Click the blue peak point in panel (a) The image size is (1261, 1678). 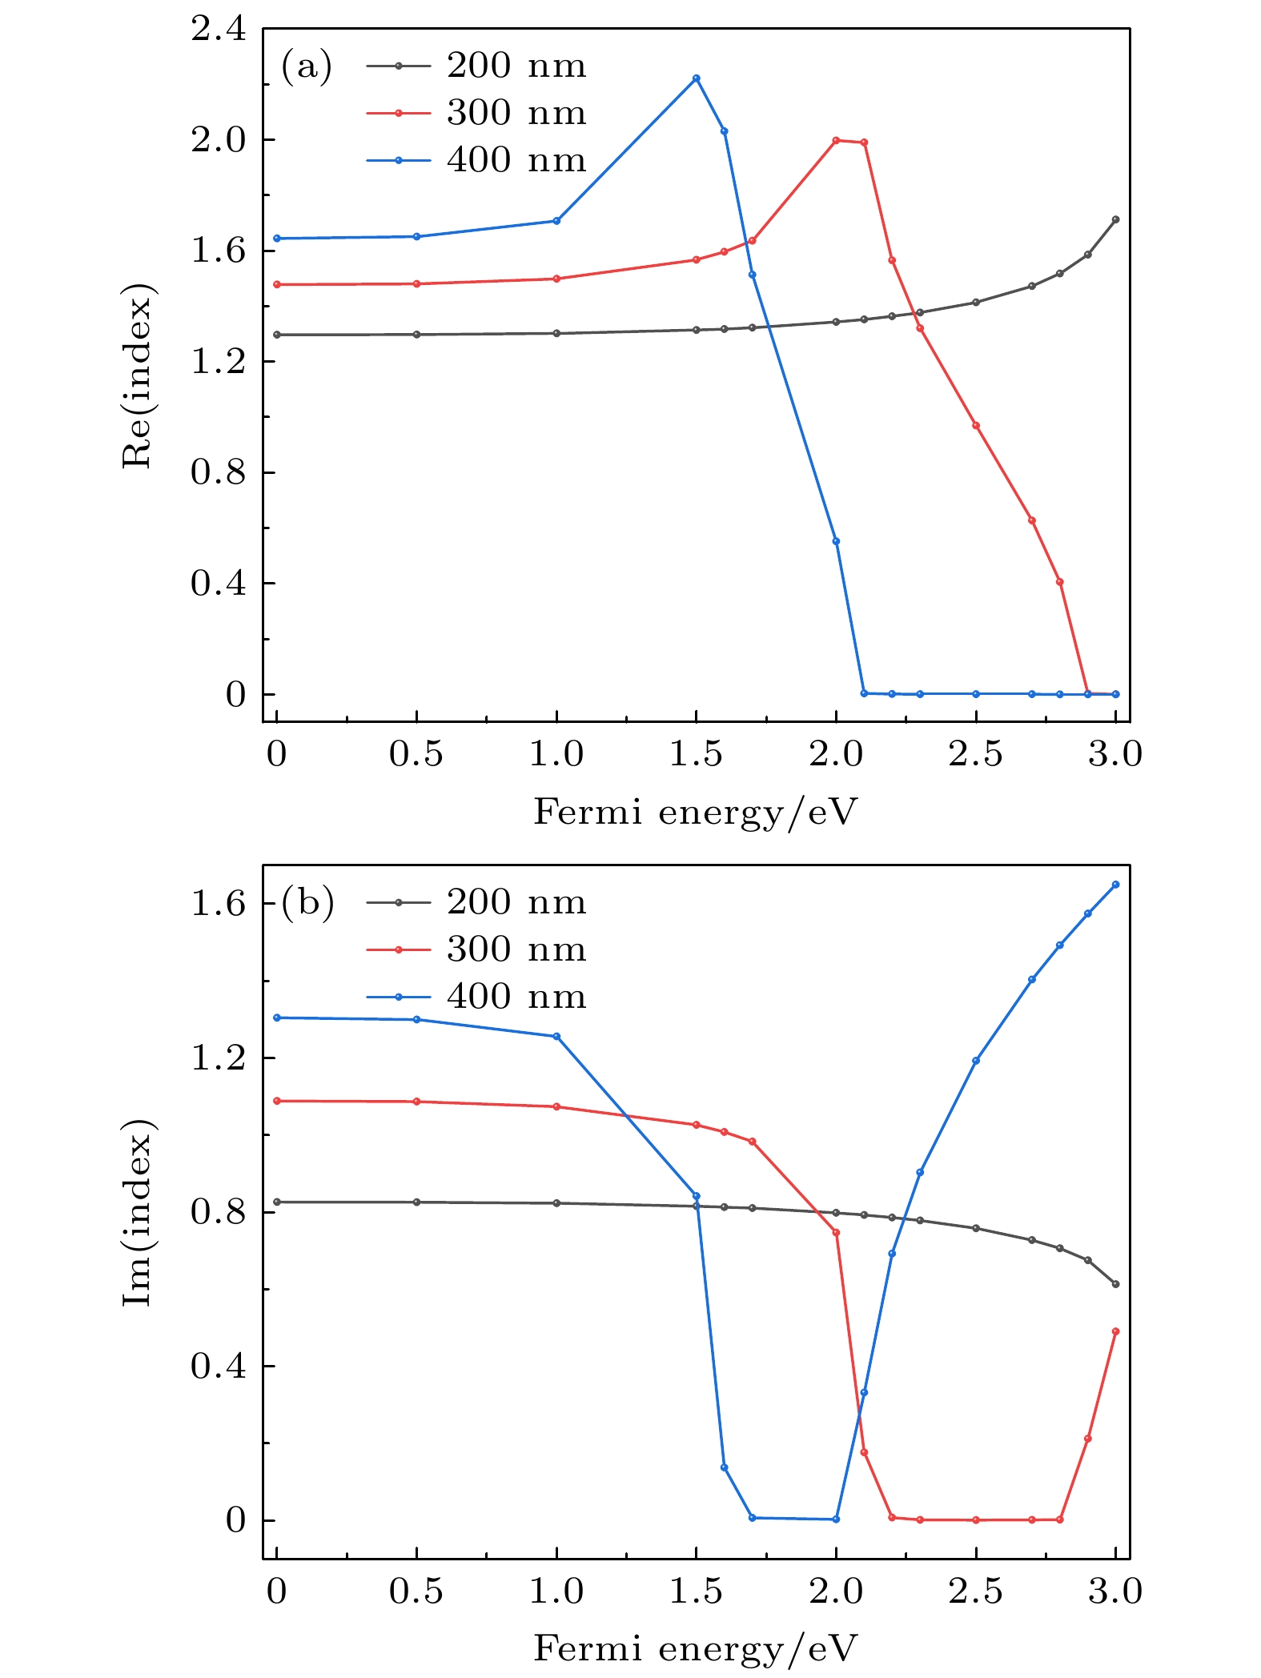(696, 78)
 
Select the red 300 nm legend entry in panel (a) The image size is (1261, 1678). (476, 113)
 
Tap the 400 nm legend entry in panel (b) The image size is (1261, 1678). (476, 997)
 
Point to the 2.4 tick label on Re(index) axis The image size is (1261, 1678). (218, 29)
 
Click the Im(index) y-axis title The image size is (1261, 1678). (137, 1212)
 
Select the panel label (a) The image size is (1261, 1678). (306, 66)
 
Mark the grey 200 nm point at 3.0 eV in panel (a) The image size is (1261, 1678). (1115, 219)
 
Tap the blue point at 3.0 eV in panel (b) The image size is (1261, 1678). (1115, 885)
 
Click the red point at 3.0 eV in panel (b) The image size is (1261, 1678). (1115, 1331)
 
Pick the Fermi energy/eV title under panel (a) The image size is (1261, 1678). (695, 813)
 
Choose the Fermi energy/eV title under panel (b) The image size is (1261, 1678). (695, 1649)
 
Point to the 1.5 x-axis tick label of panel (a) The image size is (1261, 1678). (695, 754)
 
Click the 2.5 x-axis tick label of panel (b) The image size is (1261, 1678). (975, 1591)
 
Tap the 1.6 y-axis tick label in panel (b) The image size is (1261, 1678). (218, 904)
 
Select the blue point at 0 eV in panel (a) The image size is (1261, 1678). (277, 238)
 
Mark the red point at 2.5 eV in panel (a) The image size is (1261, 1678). (975, 425)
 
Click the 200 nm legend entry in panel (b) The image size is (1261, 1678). (476, 902)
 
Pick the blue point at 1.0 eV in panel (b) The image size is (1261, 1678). (556, 1036)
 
